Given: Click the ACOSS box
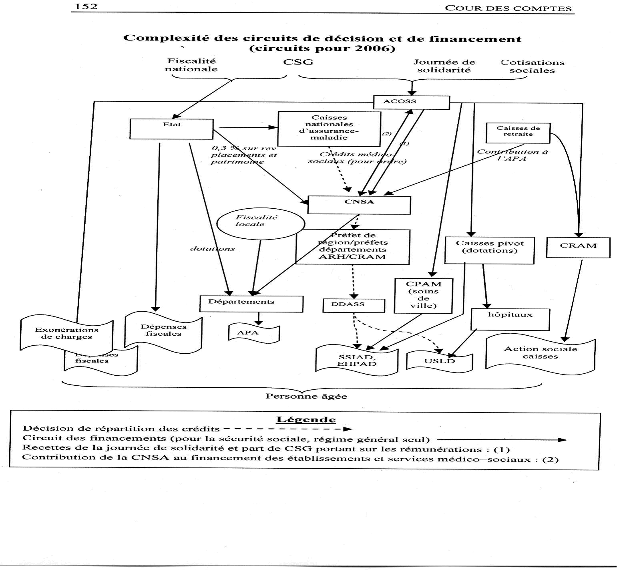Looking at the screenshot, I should pyautogui.click(x=411, y=102).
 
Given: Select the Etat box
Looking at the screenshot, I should pyautogui.click(x=171, y=129).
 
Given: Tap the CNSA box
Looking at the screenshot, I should pyautogui.click(x=359, y=205).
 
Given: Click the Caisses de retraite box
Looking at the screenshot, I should pyautogui.click(x=518, y=133).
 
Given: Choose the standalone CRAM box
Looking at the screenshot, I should pyautogui.click(x=578, y=247).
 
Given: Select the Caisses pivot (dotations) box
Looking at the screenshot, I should pyautogui.click(x=489, y=250).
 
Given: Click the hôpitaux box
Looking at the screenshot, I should pyautogui.click(x=510, y=319).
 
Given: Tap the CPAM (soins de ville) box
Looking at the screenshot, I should pyautogui.click(x=423, y=296).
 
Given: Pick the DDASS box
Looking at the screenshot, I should pyautogui.click(x=354, y=305).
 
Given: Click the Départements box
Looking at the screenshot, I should pyautogui.click(x=251, y=304).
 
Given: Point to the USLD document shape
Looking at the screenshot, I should pyautogui.click(x=439, y=361).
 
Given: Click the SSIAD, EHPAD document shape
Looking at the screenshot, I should pyautogui.click(x=357, y=361).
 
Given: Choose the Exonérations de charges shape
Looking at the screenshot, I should pyautogui.click(x=66, y=334).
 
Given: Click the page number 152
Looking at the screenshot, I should pyautogui.click(x=86, y=6).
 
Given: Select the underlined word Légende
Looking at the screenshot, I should pyautogui.click(x=306, y=420).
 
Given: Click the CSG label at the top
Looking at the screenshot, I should pyautogui.click(x=298, y=62).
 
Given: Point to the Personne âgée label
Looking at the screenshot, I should pyautogui.click(x=306, y=397).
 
